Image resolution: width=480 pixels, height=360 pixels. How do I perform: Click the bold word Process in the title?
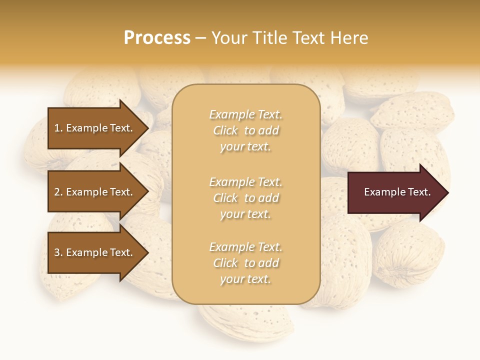(x=157, y=38)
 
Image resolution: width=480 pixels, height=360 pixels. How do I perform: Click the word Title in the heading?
(x=270, y=38)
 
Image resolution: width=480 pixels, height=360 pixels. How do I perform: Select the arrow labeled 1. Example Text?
(x=95, y=128)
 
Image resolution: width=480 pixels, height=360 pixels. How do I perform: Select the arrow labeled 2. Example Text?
(x=95, y=192)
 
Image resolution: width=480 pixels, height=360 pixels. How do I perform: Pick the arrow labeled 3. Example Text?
(x=95, y=252)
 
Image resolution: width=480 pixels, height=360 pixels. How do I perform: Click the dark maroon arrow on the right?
(x=395, y=192)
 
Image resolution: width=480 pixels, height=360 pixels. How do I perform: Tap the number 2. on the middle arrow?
(x=58, y=192)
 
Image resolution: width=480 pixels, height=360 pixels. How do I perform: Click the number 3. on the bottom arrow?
(x=58, y=252)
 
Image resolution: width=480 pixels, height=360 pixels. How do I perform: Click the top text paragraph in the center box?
(x=245, y=130)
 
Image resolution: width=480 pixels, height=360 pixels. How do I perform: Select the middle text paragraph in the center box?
(x=245, y=197)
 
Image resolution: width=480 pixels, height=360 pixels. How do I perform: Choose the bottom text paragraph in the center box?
(x=245, y=263)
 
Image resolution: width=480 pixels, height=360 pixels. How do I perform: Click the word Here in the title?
(x=349, y=38)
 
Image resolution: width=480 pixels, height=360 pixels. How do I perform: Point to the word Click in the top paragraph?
(x=225, y=130)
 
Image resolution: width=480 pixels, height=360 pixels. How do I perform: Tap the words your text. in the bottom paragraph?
(x=245, y=279)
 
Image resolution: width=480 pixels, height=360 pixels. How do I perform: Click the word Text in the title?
(x=310, y=38)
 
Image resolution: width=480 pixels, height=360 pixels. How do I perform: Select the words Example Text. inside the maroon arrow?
(x=397, y=192)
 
